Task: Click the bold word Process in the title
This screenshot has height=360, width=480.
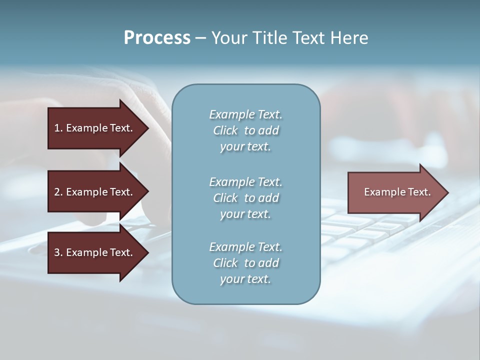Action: pos(157,38)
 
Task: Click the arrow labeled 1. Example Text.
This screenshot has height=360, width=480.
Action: pos(95,128)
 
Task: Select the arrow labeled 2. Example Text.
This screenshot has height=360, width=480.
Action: pos(95,192)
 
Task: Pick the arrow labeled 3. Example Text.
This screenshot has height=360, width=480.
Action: pos(95,252)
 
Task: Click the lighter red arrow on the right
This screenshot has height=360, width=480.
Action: pos(395,192)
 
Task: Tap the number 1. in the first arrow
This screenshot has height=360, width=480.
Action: pos(58,128)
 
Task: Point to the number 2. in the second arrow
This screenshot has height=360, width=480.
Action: pos(58,192)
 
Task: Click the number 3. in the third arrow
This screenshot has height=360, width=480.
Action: pos(58,252)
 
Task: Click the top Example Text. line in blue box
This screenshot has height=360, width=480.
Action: pos(245,114)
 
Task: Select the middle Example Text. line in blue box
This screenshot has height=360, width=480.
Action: pos(245,181)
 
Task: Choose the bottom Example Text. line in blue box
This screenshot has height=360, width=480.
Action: pos(245,247)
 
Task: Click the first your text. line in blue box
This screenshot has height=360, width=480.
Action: pos(245,147)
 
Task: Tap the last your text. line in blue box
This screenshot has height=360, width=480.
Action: pos(245,279)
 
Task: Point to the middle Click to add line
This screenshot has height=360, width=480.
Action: pos(245,198)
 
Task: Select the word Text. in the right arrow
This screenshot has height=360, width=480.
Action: pos(419,192)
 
